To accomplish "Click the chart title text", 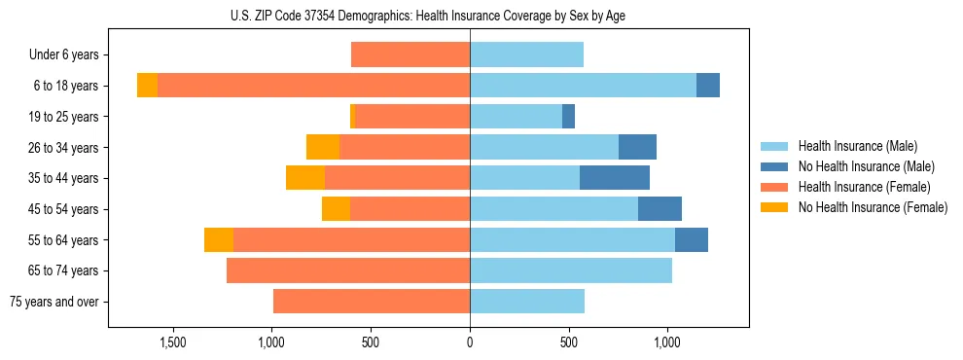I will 428,16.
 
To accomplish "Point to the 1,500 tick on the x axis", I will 172,343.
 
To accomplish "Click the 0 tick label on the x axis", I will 470,343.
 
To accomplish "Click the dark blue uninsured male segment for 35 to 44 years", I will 615,178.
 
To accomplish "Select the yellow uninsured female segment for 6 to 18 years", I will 147,86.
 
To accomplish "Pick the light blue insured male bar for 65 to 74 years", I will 571,270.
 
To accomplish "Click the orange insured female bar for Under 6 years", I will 410,55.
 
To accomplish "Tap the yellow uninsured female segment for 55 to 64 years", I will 219,239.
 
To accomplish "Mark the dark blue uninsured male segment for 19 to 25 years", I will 568,117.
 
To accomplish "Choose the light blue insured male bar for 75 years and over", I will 527,302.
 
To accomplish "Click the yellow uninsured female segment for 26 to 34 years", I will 323,147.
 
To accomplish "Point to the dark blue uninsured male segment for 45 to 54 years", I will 660,209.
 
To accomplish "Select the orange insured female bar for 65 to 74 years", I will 348,270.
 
